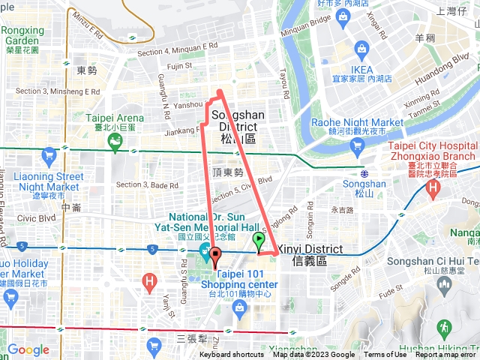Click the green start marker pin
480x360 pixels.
coord(259,241)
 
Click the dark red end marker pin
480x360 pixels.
coord(214,256)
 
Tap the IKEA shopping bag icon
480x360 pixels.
coord(362,52)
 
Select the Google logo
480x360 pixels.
coord(28,349)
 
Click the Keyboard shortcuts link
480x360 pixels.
coord(231,355)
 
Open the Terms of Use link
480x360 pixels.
coord(385,355)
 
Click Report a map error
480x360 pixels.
coord(445,355)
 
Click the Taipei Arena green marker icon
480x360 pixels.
coord(114,140)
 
